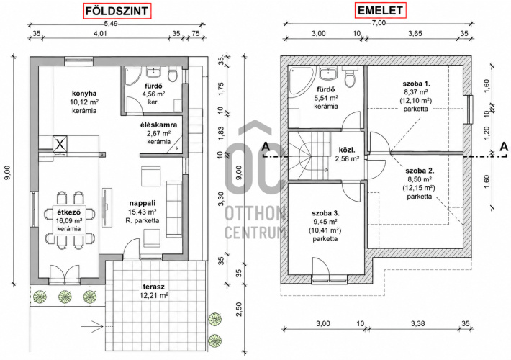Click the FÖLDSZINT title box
pyautogui.click(x=117, y=11)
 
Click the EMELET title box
pyautogui.click(x=380, y=11)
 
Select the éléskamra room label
pyautogui.click(x=159, y=125)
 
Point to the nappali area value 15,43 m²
pyautogui.click(x=143, y=212)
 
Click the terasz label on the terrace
pyautogui.click(x=153, y=287)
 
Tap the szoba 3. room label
pyautogui.click(x=325, y=214)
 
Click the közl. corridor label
pyautogui.click(x=347, y=150)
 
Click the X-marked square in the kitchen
pyautogui.click(x=60, y=143)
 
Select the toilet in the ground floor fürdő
pyautogui.click(x=172, y=73)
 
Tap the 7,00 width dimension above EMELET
pyautogui.click(x=379, y=23)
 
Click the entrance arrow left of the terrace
pyautogui.click(x=92, y=325)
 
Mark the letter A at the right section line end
pyautogui.click(x=504, y=147)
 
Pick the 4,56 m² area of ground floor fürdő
pyautogui.click(x=153, y=94)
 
